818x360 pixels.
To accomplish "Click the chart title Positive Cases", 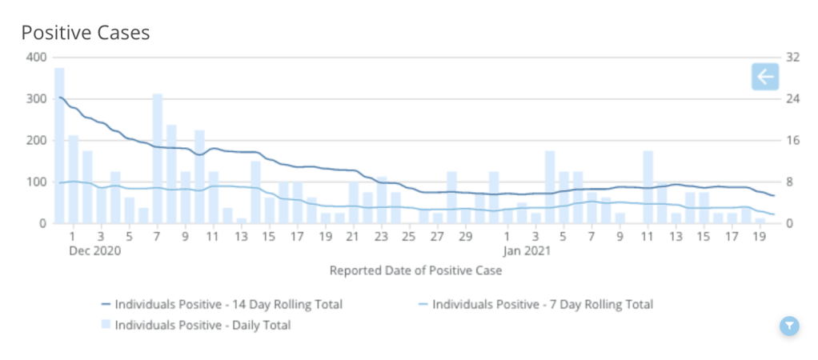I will (x=86, y=33).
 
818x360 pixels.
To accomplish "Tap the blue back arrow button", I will (x=764, y=77).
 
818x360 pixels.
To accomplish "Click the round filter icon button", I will (x=789, y=325).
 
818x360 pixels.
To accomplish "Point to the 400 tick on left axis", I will (x=35, y=57).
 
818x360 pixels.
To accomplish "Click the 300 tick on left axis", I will (x=35, y=98).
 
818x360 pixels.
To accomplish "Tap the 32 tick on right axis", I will (x=793, y=57).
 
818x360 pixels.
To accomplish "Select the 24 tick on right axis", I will (x=793, y=98).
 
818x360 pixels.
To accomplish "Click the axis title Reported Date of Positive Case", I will (x=415, y=270).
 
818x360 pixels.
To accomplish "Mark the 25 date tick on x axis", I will (x=409, y=237).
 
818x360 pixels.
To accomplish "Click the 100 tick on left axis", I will (x=35, y=182).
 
